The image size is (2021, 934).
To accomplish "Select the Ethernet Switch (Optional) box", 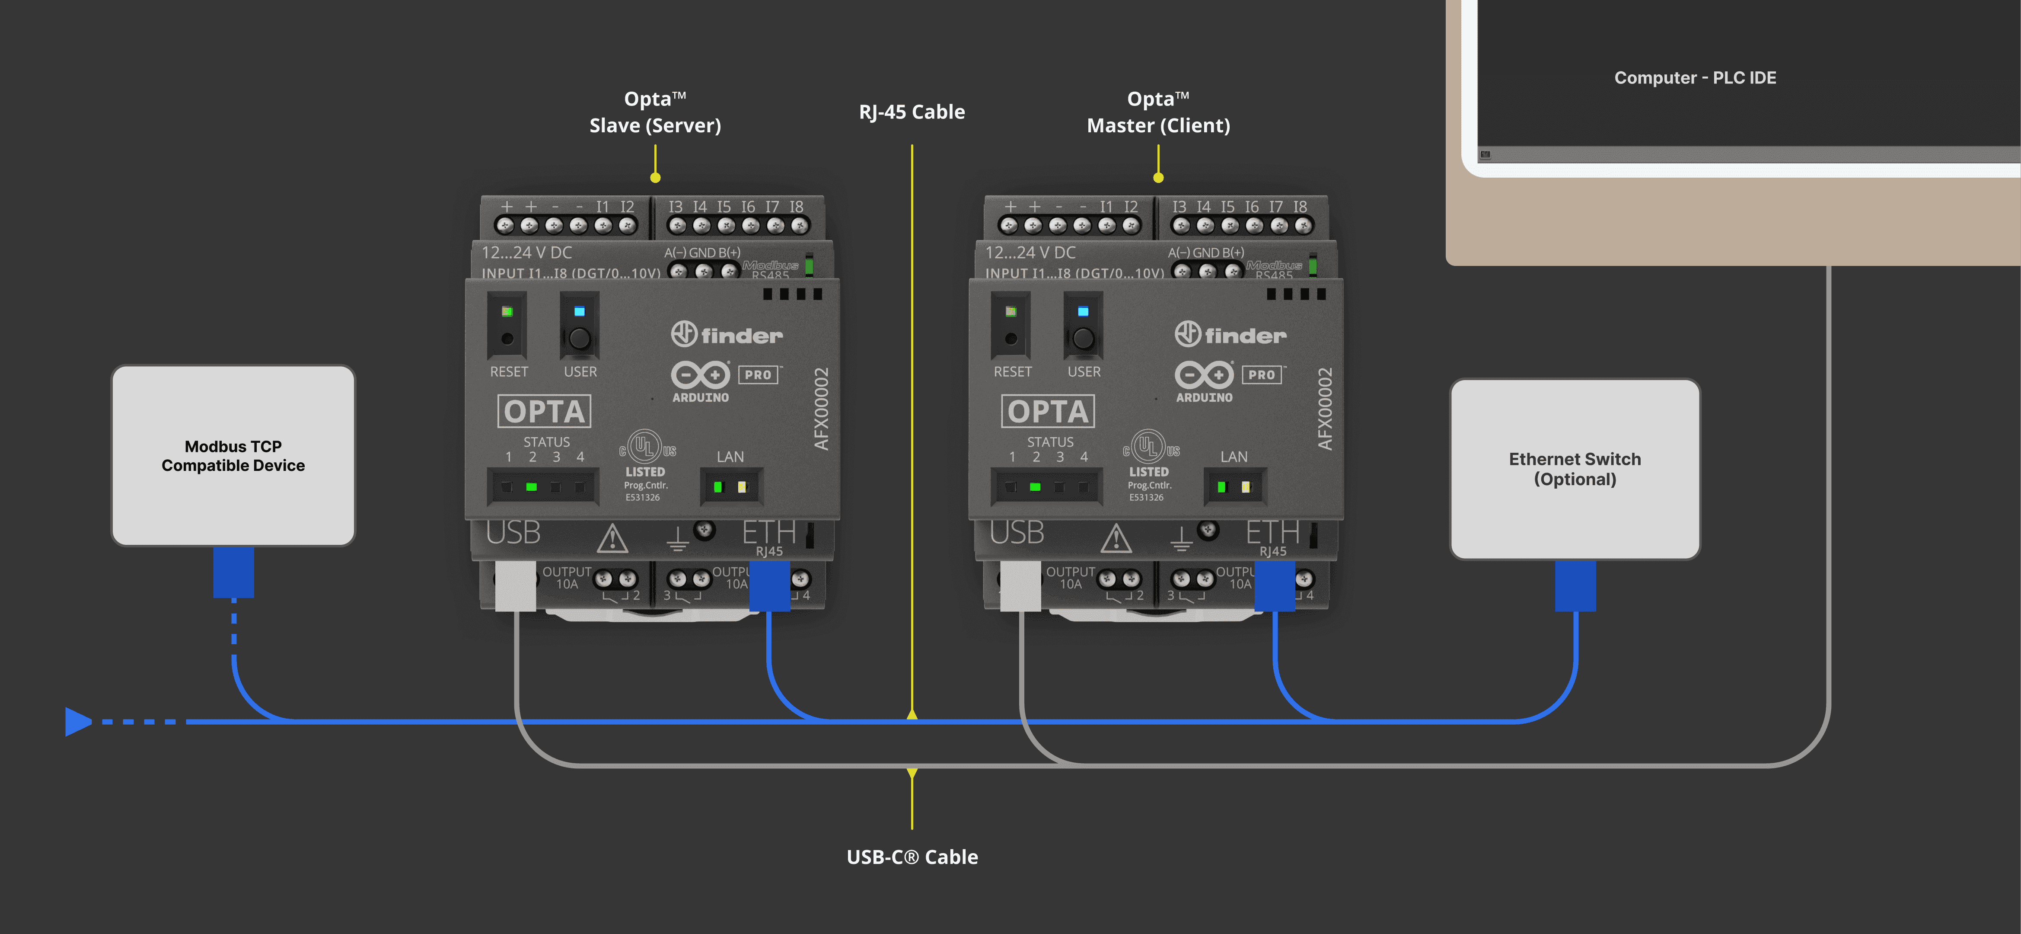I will (1575, 469).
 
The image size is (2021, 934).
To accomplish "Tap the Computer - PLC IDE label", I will (1695, 78).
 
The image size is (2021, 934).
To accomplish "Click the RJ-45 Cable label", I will (912, 112).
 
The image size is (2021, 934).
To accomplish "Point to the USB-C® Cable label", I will (912, 857).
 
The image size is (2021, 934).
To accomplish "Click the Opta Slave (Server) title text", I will (655, 112).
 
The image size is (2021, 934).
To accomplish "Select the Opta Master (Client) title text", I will (1158, 112).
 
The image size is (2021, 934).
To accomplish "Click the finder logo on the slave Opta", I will (727, 334).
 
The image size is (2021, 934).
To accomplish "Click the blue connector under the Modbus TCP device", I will (233, 572).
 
